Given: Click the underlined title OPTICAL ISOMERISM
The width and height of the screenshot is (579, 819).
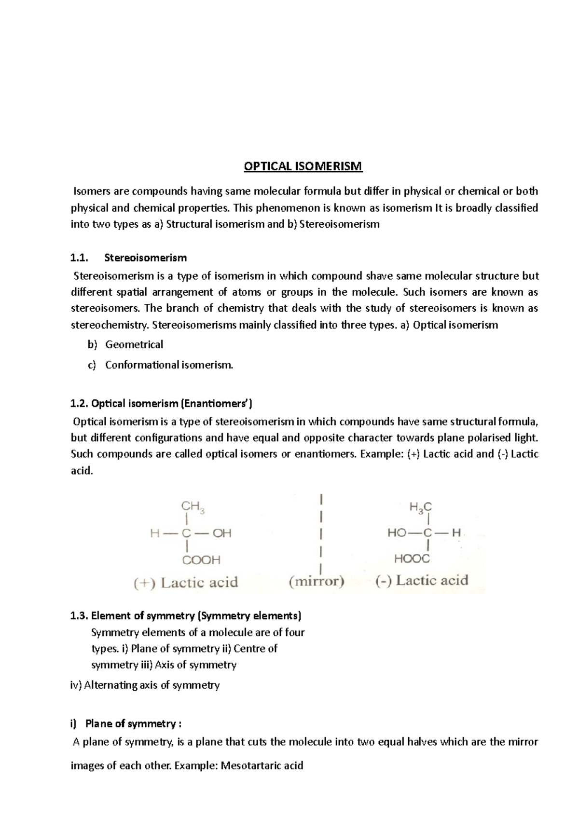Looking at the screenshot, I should [x=303, y=166].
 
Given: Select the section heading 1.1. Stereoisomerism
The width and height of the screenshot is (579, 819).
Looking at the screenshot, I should [x=128, y=258].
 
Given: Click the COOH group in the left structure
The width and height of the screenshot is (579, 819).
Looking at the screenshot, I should [x=201, y=560].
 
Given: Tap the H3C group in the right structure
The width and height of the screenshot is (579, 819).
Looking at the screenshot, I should [x=420, y=507].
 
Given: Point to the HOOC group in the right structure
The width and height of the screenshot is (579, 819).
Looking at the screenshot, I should [x=412, y=559].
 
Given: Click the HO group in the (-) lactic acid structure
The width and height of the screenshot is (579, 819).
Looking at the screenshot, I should [x=397, y=533].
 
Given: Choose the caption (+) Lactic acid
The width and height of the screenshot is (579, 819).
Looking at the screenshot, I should [x=186, y=582].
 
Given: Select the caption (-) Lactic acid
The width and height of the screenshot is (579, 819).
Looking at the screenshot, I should [x=421, y=580].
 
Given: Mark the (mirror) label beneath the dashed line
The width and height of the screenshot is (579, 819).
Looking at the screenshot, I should [x=317, y=581].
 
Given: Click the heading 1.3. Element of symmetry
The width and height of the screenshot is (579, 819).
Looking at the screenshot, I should [x=185, y=615].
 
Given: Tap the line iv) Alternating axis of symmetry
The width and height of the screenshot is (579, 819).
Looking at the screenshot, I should [x=145, y=685].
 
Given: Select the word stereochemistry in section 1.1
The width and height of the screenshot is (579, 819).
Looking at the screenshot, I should [x=110, y=325].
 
